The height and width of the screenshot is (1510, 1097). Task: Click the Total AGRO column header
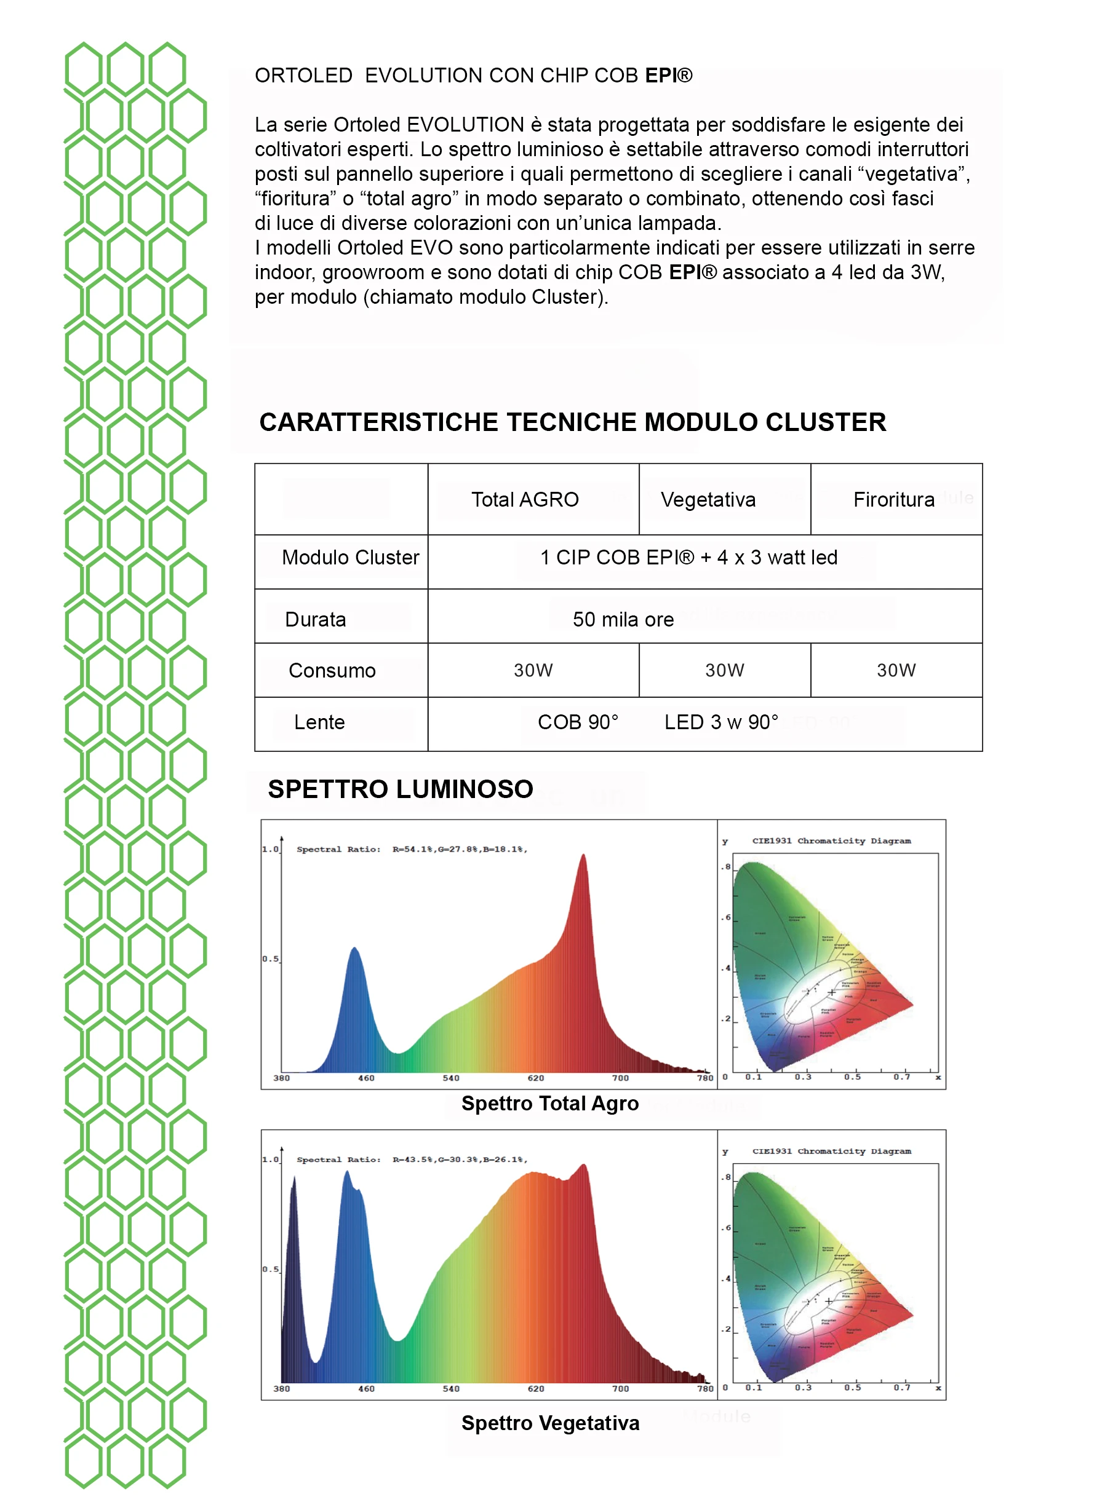coord(525,499)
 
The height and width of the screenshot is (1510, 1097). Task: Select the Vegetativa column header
coord(708,499)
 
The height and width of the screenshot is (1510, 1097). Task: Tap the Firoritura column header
coord(894,499)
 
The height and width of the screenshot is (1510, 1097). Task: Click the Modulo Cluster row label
coord(350,557)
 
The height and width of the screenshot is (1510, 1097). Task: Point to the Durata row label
coord(315,619)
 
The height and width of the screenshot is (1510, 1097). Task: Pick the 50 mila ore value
coord(623,619)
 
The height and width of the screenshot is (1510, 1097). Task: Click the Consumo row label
coord(332,670)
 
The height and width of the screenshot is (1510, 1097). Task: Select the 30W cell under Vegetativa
coord(725,670)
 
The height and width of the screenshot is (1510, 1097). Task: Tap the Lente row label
coord(319,722)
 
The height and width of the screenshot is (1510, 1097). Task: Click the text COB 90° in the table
coord(578,722)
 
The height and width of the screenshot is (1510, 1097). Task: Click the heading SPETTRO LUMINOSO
coord(401,789)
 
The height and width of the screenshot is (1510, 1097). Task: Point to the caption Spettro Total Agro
coord(550,1104)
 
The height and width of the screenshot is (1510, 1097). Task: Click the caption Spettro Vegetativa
coord(550,1423)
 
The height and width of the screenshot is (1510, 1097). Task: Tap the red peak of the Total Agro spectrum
coord(583,859)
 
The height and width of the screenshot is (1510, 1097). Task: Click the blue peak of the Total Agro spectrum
coord(355,951)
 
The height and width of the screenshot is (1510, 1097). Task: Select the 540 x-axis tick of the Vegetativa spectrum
coord(451,1389)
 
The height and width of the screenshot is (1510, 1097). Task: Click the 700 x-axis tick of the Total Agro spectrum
coord(620,1078)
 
